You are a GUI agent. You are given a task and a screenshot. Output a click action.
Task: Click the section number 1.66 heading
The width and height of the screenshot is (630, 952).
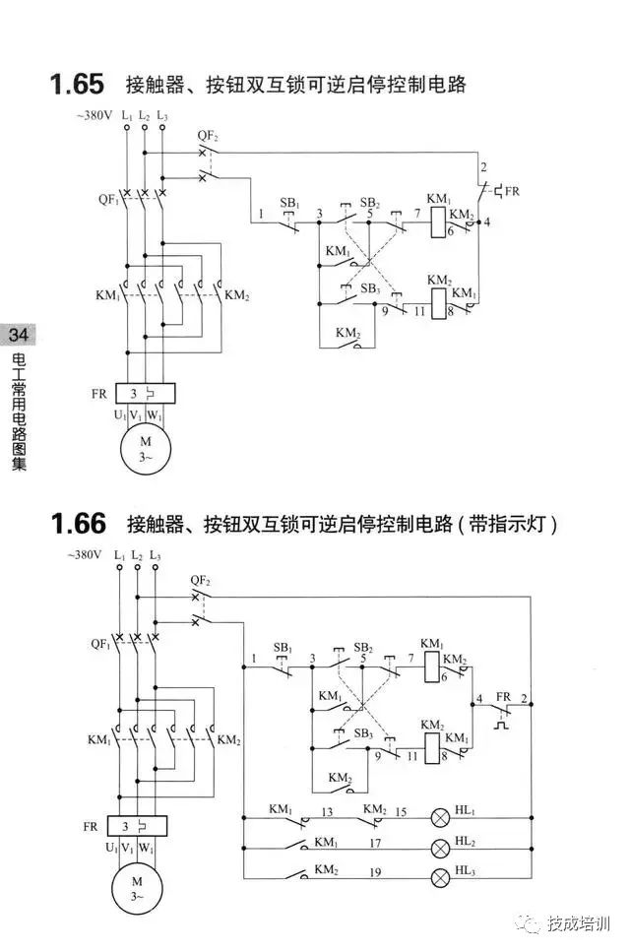pyautogui.click(x=78, y=522)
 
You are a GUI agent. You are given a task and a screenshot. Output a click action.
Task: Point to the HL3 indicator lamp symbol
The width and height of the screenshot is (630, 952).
pyautogui.click(x=440, y=875)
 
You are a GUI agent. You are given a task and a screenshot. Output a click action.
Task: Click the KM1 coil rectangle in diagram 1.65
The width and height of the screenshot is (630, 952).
pyautogui.click(x=437, y=223)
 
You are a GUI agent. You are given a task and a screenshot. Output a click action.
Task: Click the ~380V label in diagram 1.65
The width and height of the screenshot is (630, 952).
pyautogui.click(x=94, y=116)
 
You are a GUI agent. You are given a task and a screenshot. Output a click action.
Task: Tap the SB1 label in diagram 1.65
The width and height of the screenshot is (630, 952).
pyautogui.click(x=288, y=203)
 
